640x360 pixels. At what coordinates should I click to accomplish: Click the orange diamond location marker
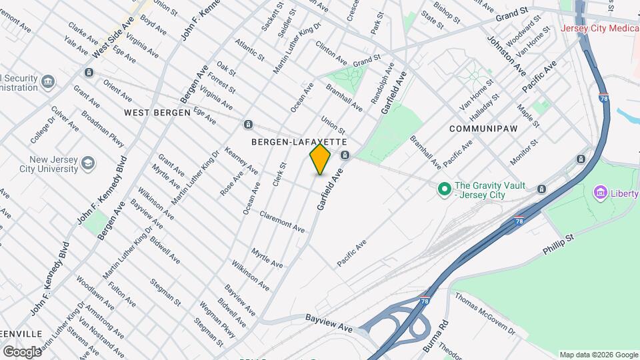pos(320,159)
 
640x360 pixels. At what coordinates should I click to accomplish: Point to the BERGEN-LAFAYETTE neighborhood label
pos(299,142)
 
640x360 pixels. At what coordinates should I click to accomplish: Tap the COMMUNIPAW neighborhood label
pos(483,127)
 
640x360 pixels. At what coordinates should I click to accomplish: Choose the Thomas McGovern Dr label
pos(485,314)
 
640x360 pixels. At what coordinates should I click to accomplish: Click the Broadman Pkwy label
pos(103,128)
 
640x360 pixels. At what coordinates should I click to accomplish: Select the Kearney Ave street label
pos(241,161)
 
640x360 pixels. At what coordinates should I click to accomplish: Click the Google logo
pos(22,351)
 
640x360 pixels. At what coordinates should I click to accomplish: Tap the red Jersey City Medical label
pos(599,29)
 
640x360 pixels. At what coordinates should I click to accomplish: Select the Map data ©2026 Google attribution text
pos(599,355)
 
